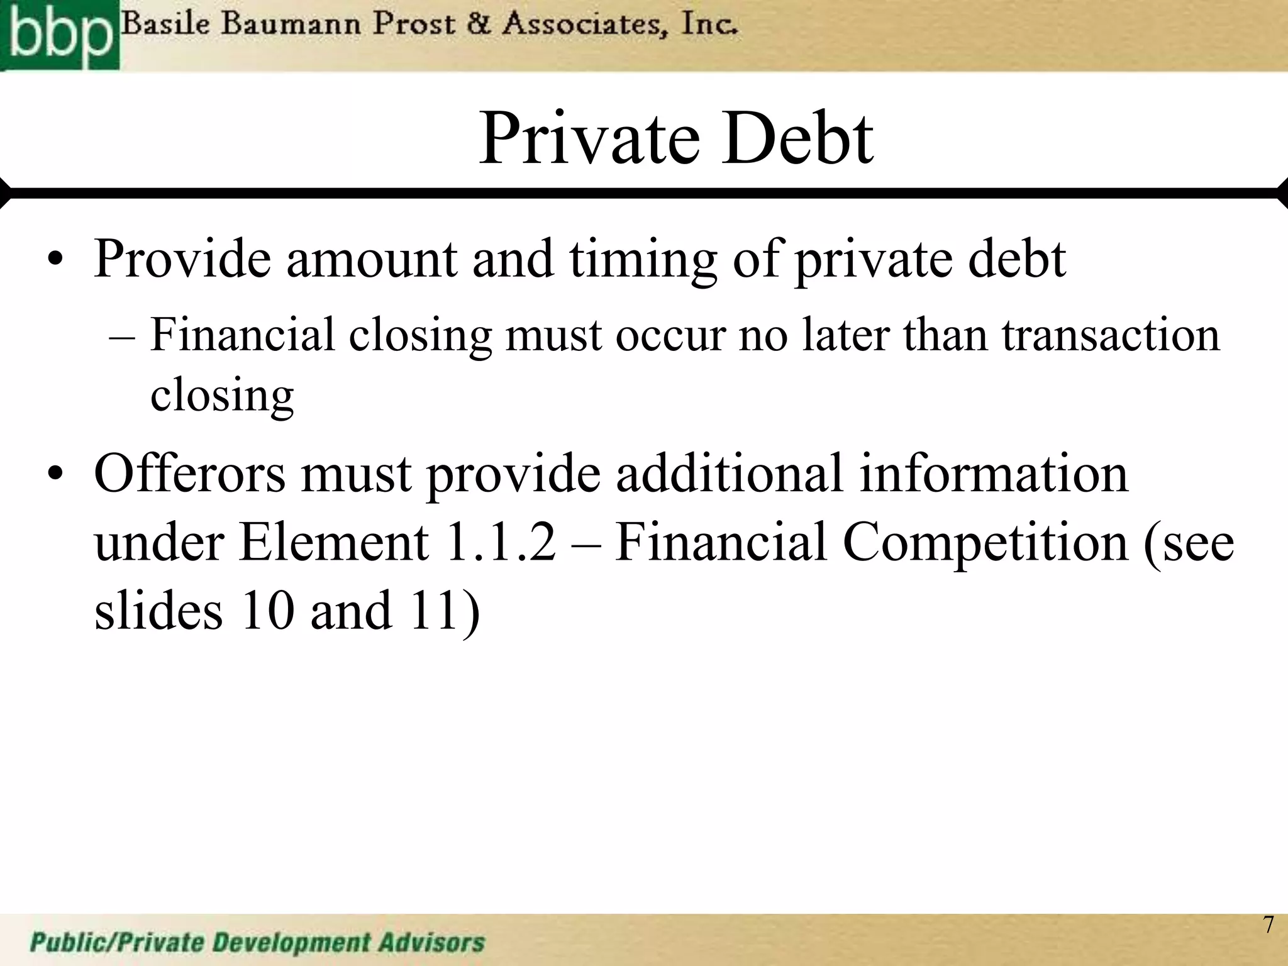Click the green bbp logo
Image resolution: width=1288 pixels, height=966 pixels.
59,35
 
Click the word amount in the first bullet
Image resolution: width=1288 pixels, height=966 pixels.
372,259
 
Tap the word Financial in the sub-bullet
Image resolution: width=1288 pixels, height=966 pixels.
243,335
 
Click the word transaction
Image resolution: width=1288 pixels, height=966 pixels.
1111,335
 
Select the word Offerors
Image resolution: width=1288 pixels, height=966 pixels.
189,473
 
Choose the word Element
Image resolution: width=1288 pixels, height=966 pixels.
333,542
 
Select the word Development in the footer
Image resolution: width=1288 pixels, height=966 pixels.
291,943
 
